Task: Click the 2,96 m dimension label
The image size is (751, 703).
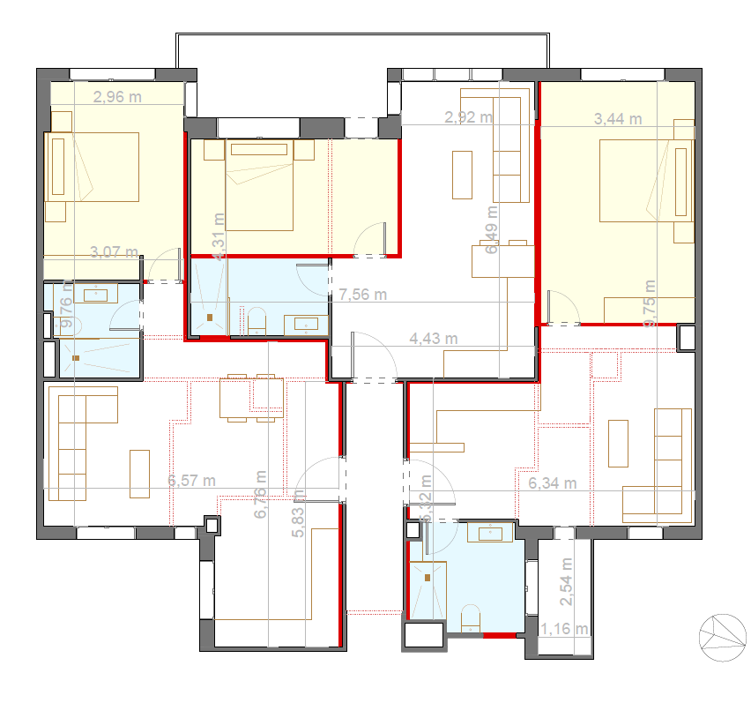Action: [x=117, y=97]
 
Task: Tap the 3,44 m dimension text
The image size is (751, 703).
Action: [x=618, y=118]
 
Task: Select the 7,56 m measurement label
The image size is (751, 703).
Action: [x=363, y=295]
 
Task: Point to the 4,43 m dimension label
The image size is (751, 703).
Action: [x=434, y=338]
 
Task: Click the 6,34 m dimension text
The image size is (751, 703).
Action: [x=553, y=482]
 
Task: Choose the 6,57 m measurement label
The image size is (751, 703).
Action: [x=192, y=481]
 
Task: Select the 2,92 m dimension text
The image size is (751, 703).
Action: [x=468, y=116]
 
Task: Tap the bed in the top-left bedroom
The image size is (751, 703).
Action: [x=93, y=167]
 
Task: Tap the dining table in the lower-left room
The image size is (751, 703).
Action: [x=251, y=398]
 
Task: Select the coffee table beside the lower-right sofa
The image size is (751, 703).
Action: [x=618, y=443]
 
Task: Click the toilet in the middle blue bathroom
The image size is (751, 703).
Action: [x=257, y=319]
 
